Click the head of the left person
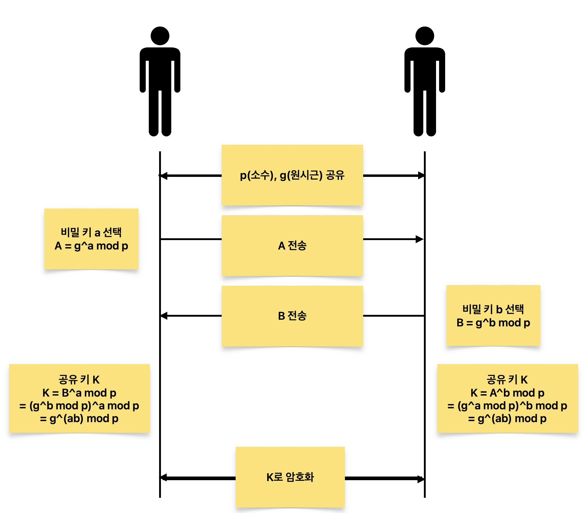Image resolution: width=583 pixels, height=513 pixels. [160, 36]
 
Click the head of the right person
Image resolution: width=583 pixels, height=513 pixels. [424, 36]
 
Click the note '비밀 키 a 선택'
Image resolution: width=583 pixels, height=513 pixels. [91, 232]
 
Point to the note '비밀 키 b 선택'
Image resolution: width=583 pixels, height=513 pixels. [493, 309]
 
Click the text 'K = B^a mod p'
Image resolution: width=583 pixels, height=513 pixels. [79, 393]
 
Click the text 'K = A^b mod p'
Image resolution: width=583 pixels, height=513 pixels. [507, 393]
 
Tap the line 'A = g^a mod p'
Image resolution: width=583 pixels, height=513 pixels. [91, 246]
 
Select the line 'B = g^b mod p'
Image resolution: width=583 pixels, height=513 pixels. [493, 323]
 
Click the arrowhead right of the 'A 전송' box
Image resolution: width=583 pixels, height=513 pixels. [420, 239]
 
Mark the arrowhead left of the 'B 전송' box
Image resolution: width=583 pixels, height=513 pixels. [164, 316]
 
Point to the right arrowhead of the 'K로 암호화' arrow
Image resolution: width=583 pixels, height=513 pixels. [421, 479]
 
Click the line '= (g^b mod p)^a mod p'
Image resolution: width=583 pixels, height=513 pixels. [79, 406]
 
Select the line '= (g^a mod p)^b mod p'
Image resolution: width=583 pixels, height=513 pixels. [507, 406]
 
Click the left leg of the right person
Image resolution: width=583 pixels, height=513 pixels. [418, 115]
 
